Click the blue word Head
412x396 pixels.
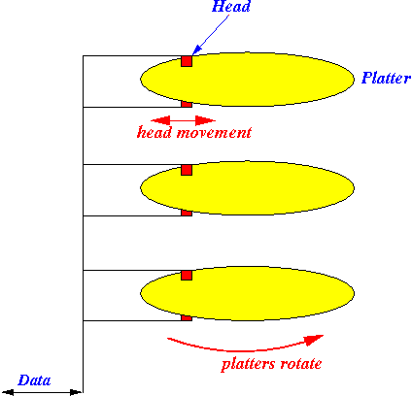pyautogui.click(x=231, y=6)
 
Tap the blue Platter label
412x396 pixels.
pyautogui.click(x=386, y=78)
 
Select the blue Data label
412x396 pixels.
pyautogui.click(x=34, y=380)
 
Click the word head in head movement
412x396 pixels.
pyautogui.click(x=154, y=132)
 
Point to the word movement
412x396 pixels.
pyautogui.click(x=214, y=133)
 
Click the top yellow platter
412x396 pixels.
pyautogui.click(x=247, y=80)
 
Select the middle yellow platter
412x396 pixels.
pyautogui.click(x=247, y=187)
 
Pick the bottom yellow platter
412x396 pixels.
pyautogui.click(x=247, y=293)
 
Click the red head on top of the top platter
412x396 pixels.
pyautogui.click(x=187, y=61)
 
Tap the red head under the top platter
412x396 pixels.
pyautogui.click(x=187, y=104)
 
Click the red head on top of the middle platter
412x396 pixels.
pyautogui.click(x=187, y=170)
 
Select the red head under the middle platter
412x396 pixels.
pyautogui.click(x=187, y=213)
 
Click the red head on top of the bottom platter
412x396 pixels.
pyautogui.click(x=187, y=276)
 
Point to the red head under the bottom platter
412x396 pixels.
pyautogui.click(x=187, y=318)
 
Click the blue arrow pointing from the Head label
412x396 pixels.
pyautogui.click(x=211, y=35)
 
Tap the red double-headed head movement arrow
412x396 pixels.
pyautogui.click(x=183, y=120)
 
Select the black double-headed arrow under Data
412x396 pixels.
pyautogui.click(x=42, y=393)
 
